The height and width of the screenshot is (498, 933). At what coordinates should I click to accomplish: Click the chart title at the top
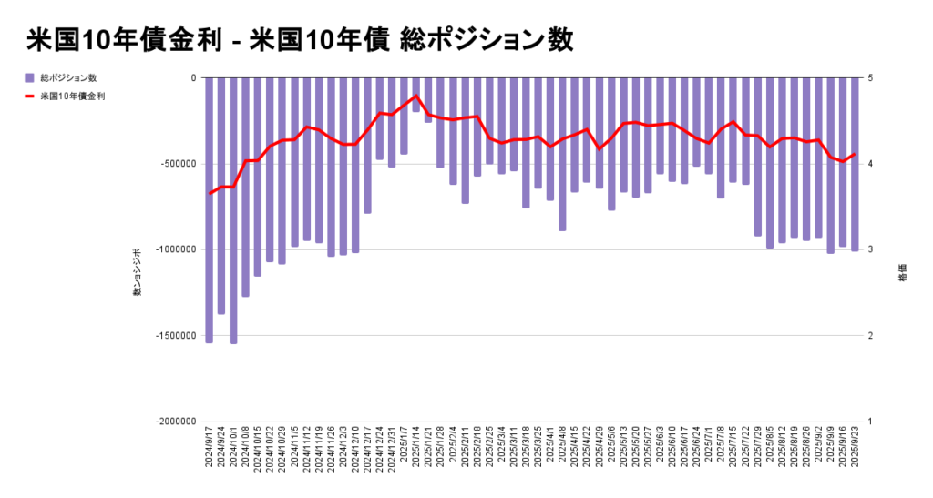(x=300, y=39)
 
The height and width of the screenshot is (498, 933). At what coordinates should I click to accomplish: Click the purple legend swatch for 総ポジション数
(x=29, y=77)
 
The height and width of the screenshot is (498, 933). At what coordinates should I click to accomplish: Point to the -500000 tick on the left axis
(x=179, y=164)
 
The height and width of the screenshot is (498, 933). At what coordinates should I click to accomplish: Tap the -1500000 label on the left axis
(x=176, y=336)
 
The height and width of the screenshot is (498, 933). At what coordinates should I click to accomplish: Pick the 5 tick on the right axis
(x=870, y=78)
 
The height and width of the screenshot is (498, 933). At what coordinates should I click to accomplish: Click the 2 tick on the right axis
(x=870, y=336)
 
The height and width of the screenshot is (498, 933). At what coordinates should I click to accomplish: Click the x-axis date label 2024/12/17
(x=368, y=446)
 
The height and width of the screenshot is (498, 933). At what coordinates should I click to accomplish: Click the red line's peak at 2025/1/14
(x=416, y=96)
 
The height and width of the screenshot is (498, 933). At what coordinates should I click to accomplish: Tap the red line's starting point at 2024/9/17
(x=210, y=193)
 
